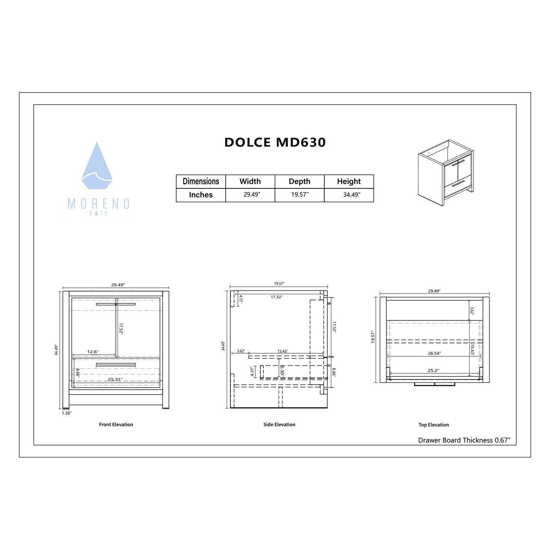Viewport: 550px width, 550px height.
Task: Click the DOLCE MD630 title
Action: coord(275,142)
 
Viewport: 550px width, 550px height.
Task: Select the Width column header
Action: coord(250,181)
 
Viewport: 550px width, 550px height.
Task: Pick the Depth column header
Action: coord(300,181)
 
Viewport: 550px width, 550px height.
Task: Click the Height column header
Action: coord(349,181)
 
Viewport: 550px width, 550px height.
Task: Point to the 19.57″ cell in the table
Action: coord(300,194)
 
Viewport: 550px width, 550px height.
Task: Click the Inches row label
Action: coord(201,195)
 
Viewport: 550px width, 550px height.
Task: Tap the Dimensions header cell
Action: coord(201,181)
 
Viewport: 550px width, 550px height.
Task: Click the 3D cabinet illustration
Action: coord(446,172)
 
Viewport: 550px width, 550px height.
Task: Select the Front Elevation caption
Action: coord(116,424)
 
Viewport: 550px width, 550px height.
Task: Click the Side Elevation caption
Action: coord(279,424)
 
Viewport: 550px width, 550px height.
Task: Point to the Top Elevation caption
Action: coord(434,425)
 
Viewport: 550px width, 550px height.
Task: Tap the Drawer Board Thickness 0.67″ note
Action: coord(464,440)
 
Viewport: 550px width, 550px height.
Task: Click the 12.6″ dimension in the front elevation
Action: coord(93,352)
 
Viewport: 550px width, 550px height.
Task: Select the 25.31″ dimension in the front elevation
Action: coord(115,379)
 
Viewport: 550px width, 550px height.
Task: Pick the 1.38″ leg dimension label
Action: coord(67,413)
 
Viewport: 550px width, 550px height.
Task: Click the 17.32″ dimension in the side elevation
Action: coord(277,297)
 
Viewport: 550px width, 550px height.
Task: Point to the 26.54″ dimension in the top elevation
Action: coord(434,353)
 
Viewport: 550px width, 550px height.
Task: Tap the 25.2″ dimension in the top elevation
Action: coord(433,370)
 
